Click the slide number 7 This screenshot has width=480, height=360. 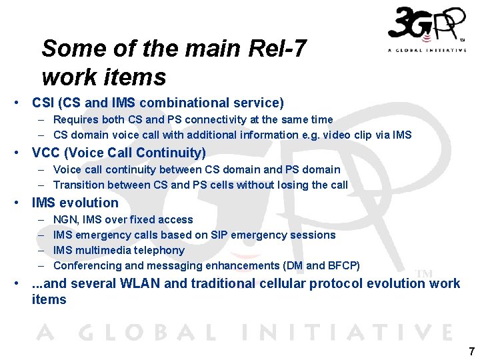(x=471, y=351)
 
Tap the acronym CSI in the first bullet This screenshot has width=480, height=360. (x=43, y=103)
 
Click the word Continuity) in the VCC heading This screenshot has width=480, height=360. (x=173, y=153)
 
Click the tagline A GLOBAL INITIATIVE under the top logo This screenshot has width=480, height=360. (x=427, y=50)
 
